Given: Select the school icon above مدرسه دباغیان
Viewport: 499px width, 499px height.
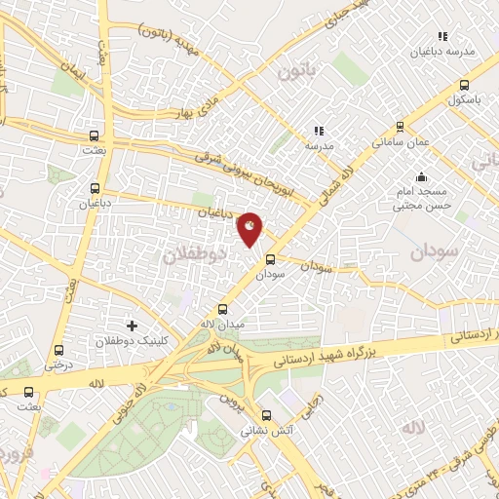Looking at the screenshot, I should [x=442, y=36].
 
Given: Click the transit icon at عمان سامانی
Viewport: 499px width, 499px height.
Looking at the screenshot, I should [x=399, y=126].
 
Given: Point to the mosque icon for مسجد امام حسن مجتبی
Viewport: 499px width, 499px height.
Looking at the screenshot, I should [x=421, y=176].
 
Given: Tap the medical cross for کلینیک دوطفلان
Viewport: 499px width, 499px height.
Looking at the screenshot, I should [x=133, y=326].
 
